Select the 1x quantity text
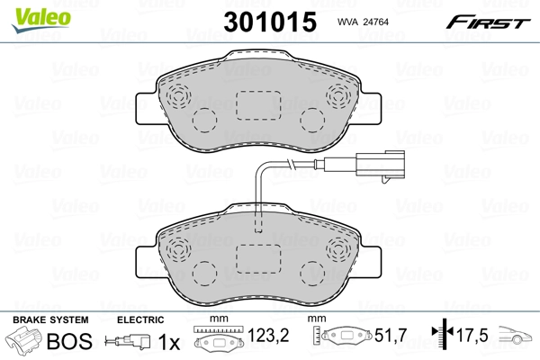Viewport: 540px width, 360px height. point(169,342)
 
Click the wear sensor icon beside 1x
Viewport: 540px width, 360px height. point(128,342)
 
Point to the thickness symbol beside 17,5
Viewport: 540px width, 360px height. point(442,339)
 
